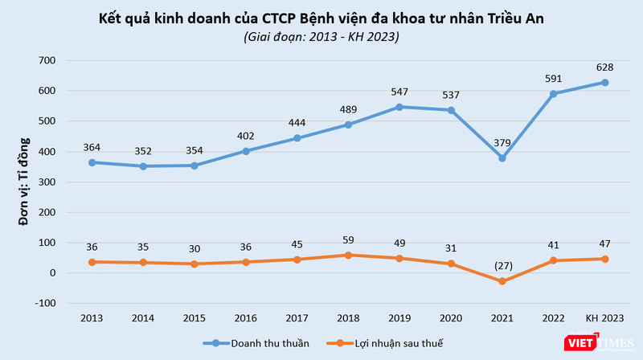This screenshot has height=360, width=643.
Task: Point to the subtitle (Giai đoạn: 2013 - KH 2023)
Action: click(321, 36)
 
